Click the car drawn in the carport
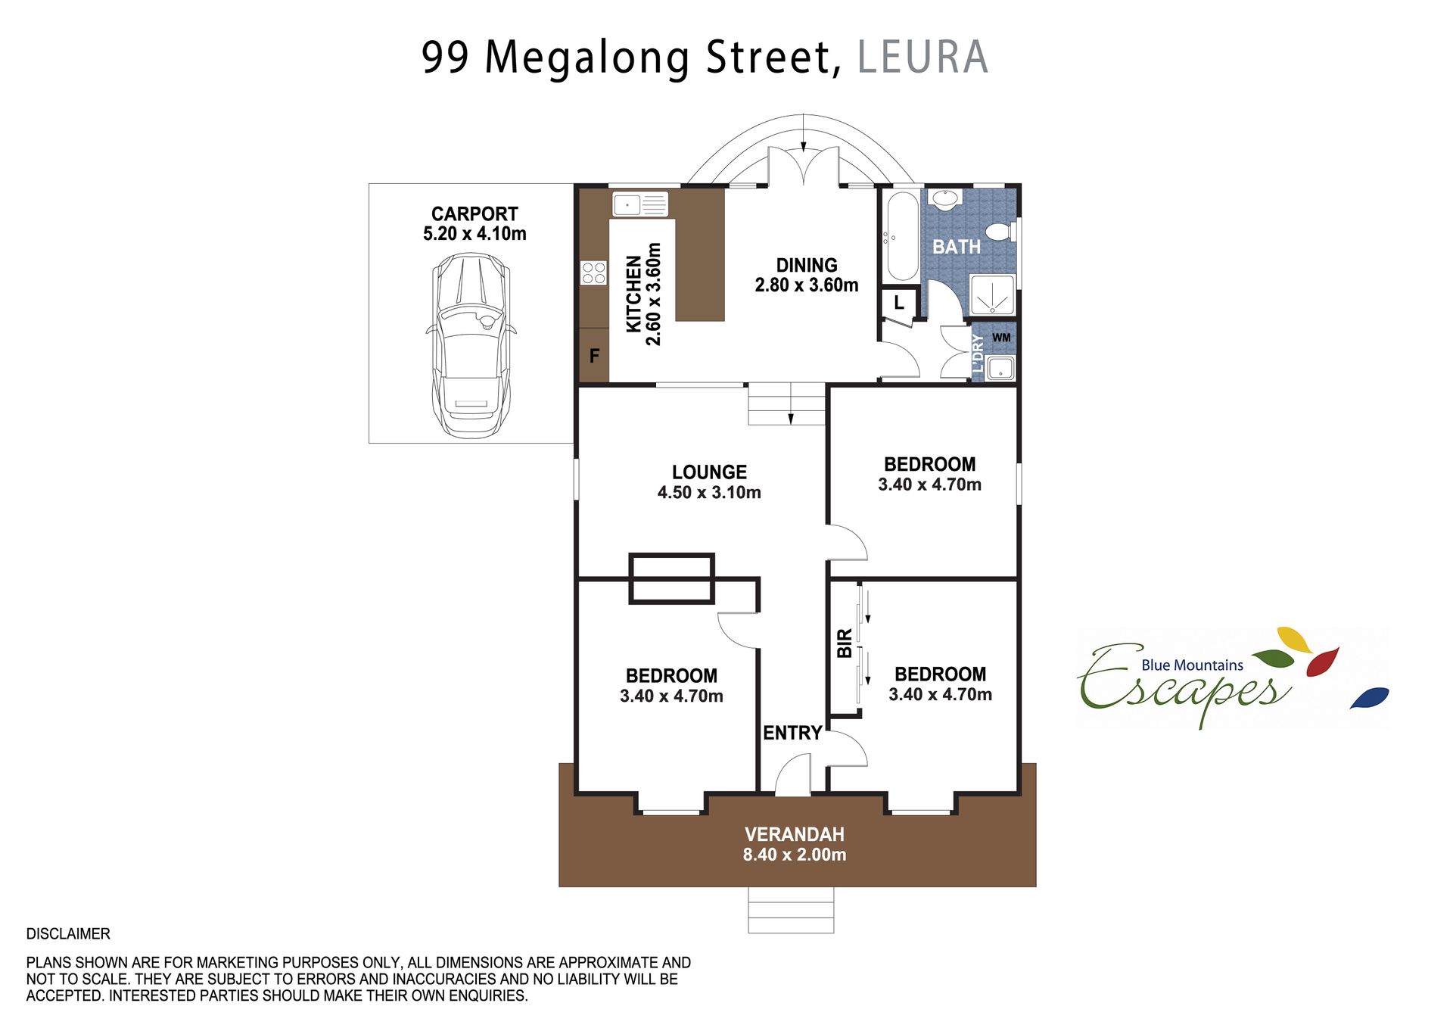[471, 345]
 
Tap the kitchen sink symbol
[640, 204]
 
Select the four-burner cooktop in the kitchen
[594, 273]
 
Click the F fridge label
[594, 355]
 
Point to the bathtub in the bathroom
[902, 236]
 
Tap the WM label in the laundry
[1001, 338]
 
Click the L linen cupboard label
[899, 303]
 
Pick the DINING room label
[807, 265]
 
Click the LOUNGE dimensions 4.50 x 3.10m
[709, 492]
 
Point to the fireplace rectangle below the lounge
[671, 578]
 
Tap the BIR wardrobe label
[845, 643]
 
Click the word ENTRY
[792, 733]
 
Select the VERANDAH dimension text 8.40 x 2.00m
[795, 855]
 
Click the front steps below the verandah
[791, 910]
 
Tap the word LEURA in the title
[923, 57]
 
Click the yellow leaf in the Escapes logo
[1295, 639]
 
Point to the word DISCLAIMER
[68, 933]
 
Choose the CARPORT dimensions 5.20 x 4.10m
[474, 233]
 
